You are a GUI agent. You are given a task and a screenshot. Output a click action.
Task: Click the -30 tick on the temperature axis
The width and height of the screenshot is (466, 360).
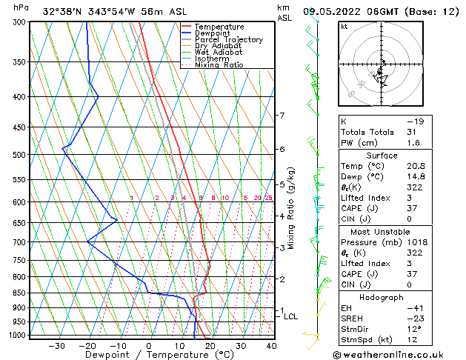pos(56,346)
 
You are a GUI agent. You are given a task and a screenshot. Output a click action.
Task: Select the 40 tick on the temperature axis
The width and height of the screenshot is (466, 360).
pos(271,346)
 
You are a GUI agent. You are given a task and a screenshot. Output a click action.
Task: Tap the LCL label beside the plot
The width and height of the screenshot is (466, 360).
pos(291,317)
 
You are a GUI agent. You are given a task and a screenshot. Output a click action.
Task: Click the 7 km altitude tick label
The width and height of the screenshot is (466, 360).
pos(282,116)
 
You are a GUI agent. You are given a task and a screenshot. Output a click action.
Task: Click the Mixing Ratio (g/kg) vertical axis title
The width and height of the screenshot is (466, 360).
pos(291,208)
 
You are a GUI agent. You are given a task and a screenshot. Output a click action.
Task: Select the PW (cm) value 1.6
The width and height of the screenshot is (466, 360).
pos(412,143)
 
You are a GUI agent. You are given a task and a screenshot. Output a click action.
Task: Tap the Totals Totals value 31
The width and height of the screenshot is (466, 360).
pos(411,132)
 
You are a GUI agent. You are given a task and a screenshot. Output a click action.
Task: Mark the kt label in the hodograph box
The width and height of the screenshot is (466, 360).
pos(344,27)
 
